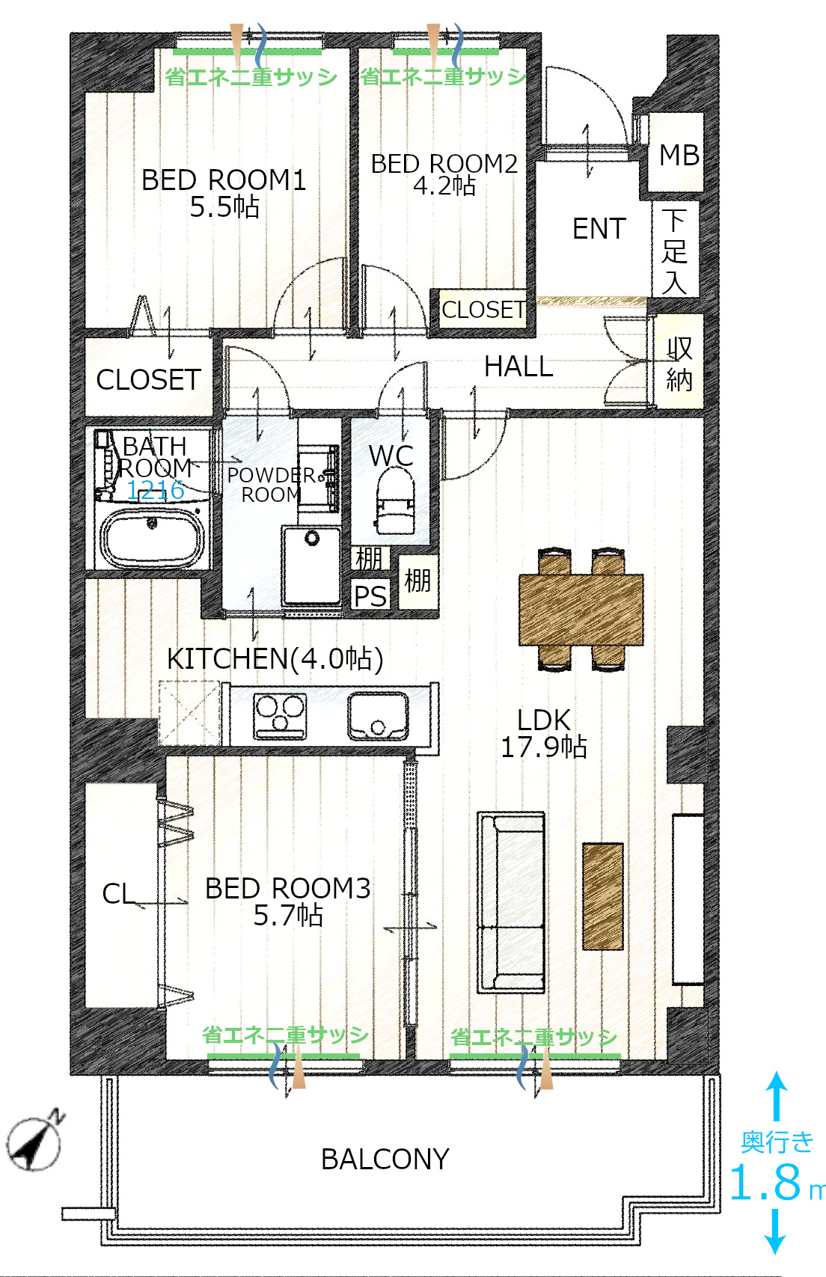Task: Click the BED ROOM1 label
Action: pos(224,180)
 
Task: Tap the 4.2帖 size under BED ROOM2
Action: pos(444,186)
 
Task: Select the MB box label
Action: pos(679,155)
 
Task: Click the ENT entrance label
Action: pos(599,229)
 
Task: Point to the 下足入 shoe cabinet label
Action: pos(674,251)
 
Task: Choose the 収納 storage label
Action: pos(679,364)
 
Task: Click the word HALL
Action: pos(518,367)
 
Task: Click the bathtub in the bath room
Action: pos(152,537)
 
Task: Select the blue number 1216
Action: pos(155,490)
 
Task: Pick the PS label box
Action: pos(370,595)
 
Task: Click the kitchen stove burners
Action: pos(280,715)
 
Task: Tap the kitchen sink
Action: pos(378,715)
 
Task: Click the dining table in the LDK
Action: pos(581,609)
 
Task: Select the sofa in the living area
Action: pos(511,902)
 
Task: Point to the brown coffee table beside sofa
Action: pos(602,896)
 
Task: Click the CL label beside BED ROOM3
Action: pos(118,894)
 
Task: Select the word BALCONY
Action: pos(385,1159)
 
